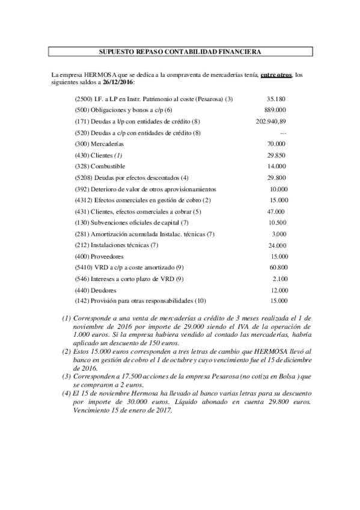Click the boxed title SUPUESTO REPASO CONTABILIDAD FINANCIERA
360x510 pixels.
click(x=179, y=52)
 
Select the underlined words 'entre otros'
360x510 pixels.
click(x=276, y=74)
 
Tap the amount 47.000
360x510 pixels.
click(x=275, y=211)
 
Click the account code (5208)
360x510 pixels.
click(x=82, y=177)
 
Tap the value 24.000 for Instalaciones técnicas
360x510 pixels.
click(x=277, y=245)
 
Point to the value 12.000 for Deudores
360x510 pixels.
click(x=278, y=290)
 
